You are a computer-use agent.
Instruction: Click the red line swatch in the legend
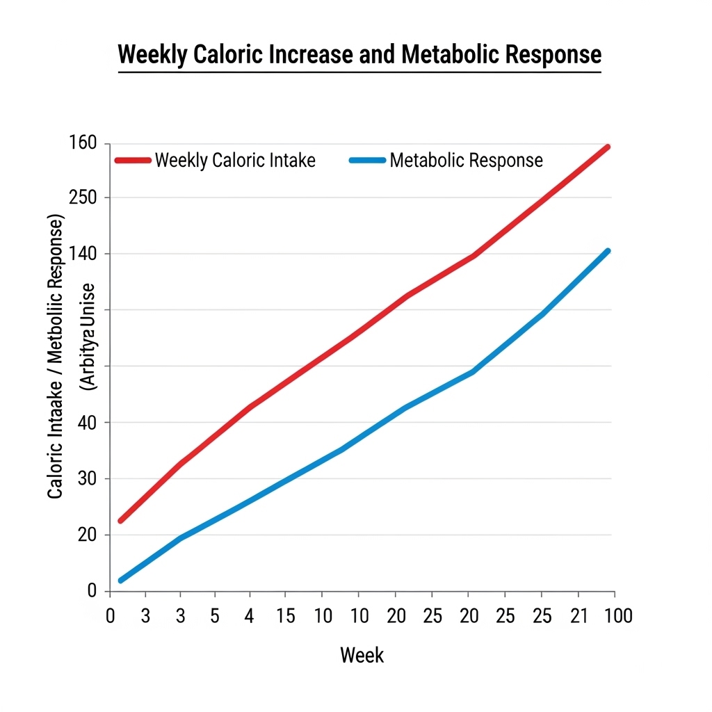click(133, 161)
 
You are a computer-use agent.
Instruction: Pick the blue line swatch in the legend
click(366, 161)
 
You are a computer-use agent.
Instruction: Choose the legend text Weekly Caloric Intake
click(235, 161)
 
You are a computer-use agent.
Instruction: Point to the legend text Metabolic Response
click(466, 161)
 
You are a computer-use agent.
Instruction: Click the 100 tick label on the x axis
click(618, 617)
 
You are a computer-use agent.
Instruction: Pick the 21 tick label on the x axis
click(578, 617)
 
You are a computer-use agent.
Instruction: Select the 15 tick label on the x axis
click(286, 617)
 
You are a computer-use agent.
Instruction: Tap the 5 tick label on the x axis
click(215, 617)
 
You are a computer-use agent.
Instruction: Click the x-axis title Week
click(362, 655)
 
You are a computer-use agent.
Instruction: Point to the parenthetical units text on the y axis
click(88, 337)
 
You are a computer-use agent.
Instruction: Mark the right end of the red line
click(608, 147)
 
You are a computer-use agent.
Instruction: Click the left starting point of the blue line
click(122, 580)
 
